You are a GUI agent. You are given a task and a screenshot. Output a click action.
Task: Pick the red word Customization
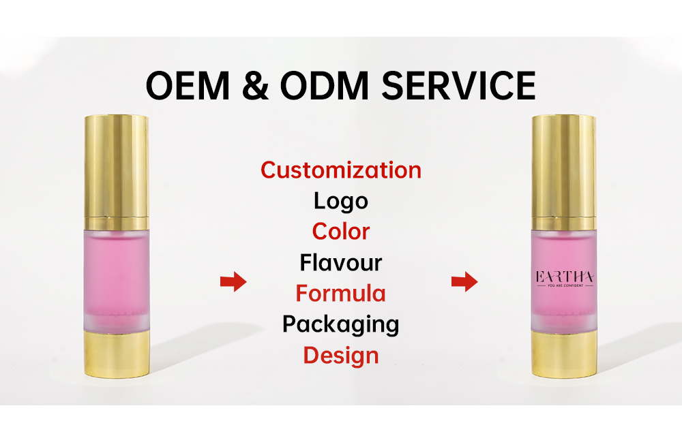[341, 170]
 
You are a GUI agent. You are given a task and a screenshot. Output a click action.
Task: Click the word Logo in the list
[341, 201]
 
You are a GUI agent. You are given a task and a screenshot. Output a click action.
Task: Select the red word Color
[341, 232]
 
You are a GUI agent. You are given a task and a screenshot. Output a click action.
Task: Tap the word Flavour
[341, 262]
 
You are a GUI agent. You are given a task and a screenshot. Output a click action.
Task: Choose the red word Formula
[341, 293]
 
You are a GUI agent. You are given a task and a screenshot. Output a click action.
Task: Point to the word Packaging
[341, 324]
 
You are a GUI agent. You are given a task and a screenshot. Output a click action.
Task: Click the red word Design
[341, 355]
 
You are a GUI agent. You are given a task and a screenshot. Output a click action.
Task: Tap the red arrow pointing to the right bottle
[464, 281]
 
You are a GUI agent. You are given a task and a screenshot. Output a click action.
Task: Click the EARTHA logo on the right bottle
[565, 277]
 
